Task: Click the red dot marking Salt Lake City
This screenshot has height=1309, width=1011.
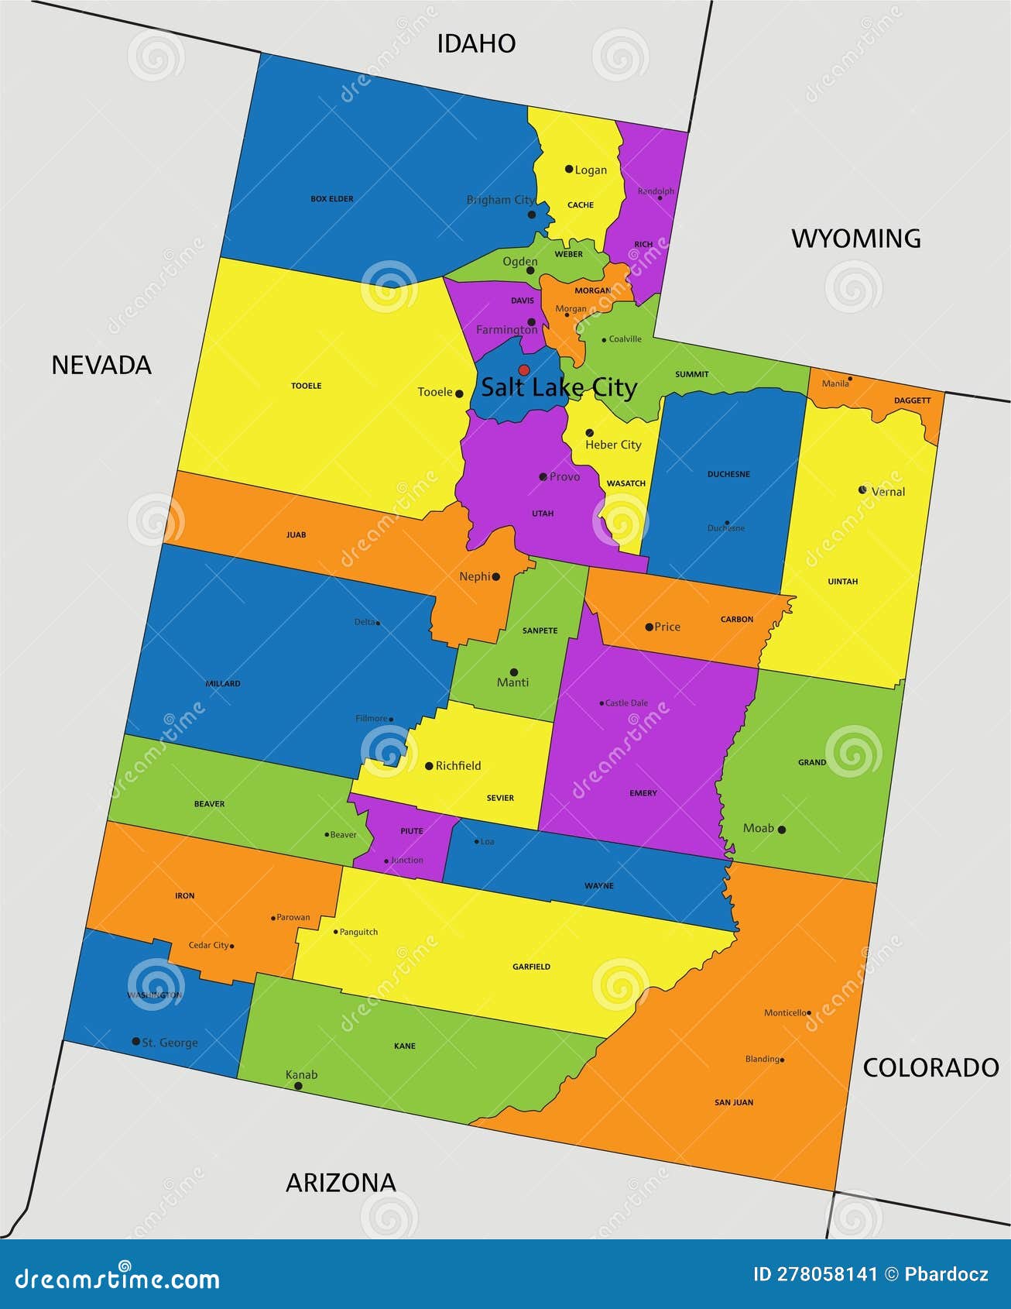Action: pyautogui.click(x=524, y=370)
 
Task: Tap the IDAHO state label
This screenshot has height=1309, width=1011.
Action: pyautogui.click(x=476, y=43)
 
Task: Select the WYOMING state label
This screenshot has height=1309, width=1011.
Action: pyautogui.click(x=855, y=239)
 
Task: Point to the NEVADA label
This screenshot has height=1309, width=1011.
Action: pyautogui.click(x=101, y=365)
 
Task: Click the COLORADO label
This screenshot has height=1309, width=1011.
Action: pyautogui.click(x=930, y=1067)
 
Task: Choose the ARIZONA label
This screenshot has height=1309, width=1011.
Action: pyautogui.click(x=341, y=1182)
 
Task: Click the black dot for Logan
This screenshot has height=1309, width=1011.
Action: pyautogui.click(x=569, y=169)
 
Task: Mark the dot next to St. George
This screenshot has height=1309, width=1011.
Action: pyautogui.click(x=136, y=1042)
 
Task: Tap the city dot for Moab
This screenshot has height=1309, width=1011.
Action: pyautogui.click(x=782, y=830)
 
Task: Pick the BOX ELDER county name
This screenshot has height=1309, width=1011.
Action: pyautogui.click(x=332, y=199)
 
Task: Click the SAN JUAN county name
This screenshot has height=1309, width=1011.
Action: pyautogui.click(x=733, y=1102)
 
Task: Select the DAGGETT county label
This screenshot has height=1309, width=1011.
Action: pyautogui.click(x=912, y=400)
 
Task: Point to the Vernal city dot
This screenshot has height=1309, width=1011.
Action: pyautogui.click(x=862, y=490)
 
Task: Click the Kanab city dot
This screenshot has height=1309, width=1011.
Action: pyautogui.click(x=298, y=1086)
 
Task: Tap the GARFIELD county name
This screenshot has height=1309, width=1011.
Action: pyautogui.click(x=531, y=967)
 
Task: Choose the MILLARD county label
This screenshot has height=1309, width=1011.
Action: pyautogui.click(x=223, y=684)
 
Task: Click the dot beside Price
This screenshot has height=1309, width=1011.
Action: pyautogui.click(x=649, y=627)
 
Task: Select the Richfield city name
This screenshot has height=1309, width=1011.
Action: pyautogui.click(x=458, y=766)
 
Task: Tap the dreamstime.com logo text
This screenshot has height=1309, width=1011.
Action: pyautogui.click(x=118, y=1279)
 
